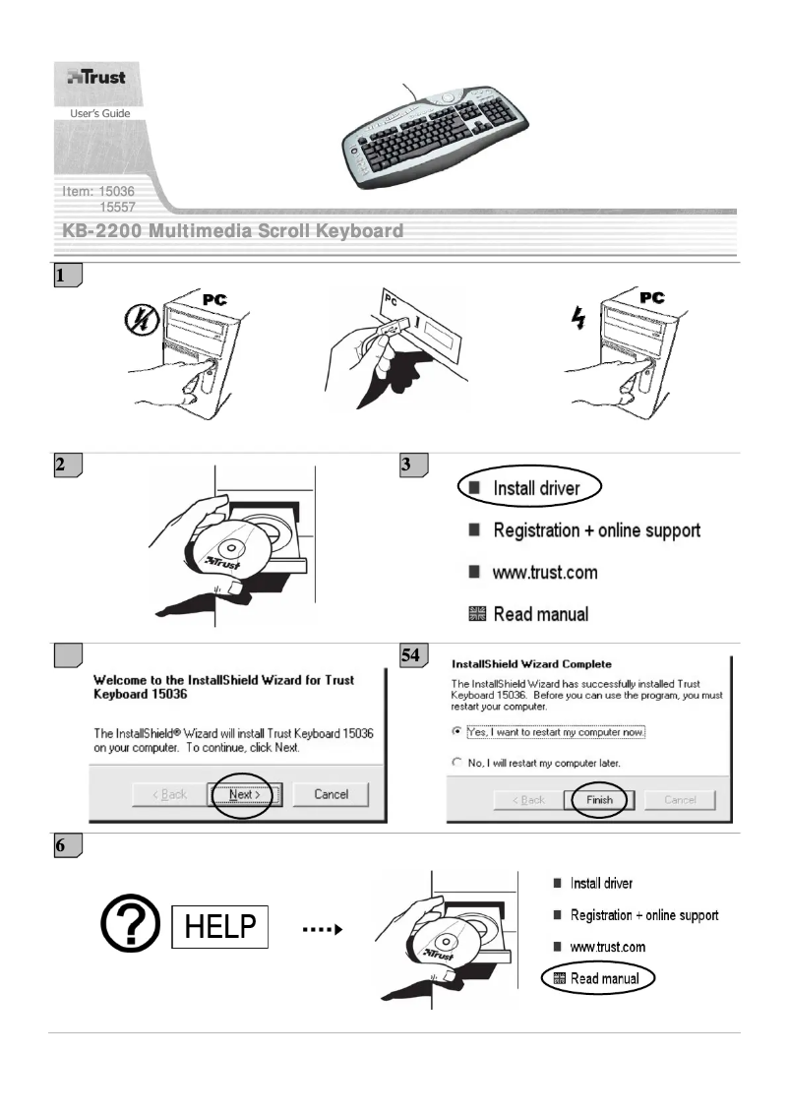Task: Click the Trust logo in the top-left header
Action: pyautogui.click(x=95, y=78)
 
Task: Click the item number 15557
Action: pyautogui.click(x=117, y=206)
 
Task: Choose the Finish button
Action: pyautogui.click(x=599, y=799)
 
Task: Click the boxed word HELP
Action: pyautogui.click(x=219, y=927)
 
